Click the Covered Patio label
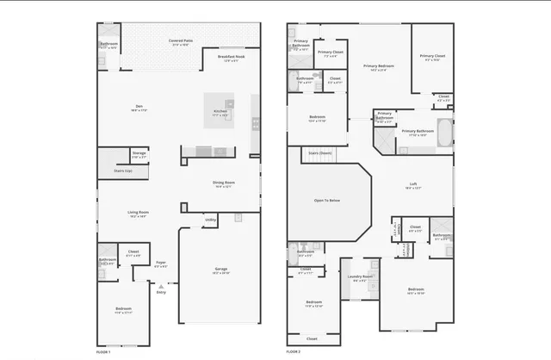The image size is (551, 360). tap(180, 40)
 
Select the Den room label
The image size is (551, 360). tap(138, 108)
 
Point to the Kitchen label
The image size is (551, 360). tap(220, 112)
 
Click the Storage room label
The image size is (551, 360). tap(139, 154)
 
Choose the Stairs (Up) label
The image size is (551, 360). tap(123, 171)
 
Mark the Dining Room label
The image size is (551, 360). tap(223, 183)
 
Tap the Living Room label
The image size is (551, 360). tap(138, 214)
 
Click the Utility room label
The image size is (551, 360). tap(210, 220)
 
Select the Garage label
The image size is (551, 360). tap(221, 270)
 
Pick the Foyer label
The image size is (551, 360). tap(161, 264)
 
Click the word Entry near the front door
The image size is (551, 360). tap(161, 293)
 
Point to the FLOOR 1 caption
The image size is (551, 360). tap(103, 352)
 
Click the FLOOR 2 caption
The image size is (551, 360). tap(294, 352)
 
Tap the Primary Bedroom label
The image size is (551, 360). tap(379, 67)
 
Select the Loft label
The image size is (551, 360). tap(412, 185)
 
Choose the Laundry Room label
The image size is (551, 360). tap(359, 277)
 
